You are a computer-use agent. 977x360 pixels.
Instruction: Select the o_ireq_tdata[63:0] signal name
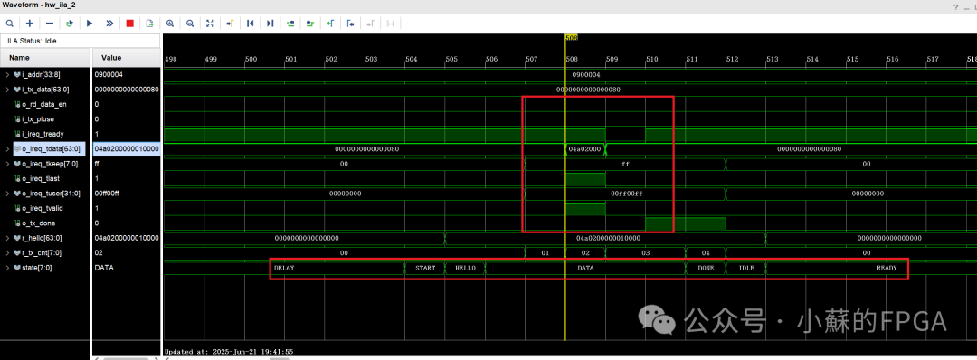(x=52, y=149)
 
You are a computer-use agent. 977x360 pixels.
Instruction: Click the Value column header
(x=111, y=57)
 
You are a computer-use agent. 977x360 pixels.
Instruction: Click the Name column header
(x=19, y=57)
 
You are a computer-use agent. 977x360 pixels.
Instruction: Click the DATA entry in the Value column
(x=103, y=268)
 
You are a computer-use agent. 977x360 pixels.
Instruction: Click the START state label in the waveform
(x=425, y=269)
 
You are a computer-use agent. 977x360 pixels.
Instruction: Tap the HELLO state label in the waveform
(x=465, y=269)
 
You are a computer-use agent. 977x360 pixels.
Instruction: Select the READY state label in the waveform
(x=887, y=269)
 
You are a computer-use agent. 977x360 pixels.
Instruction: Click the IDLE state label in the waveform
(x=746, y=269)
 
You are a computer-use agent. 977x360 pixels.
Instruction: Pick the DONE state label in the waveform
(x=706, y=269)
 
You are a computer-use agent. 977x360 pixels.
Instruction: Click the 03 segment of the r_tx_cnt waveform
(x=645, y=253)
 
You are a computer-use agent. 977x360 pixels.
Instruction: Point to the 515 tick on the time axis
(x=852, y=60)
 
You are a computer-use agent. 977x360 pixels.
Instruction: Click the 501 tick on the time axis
(x=290, y=60)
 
